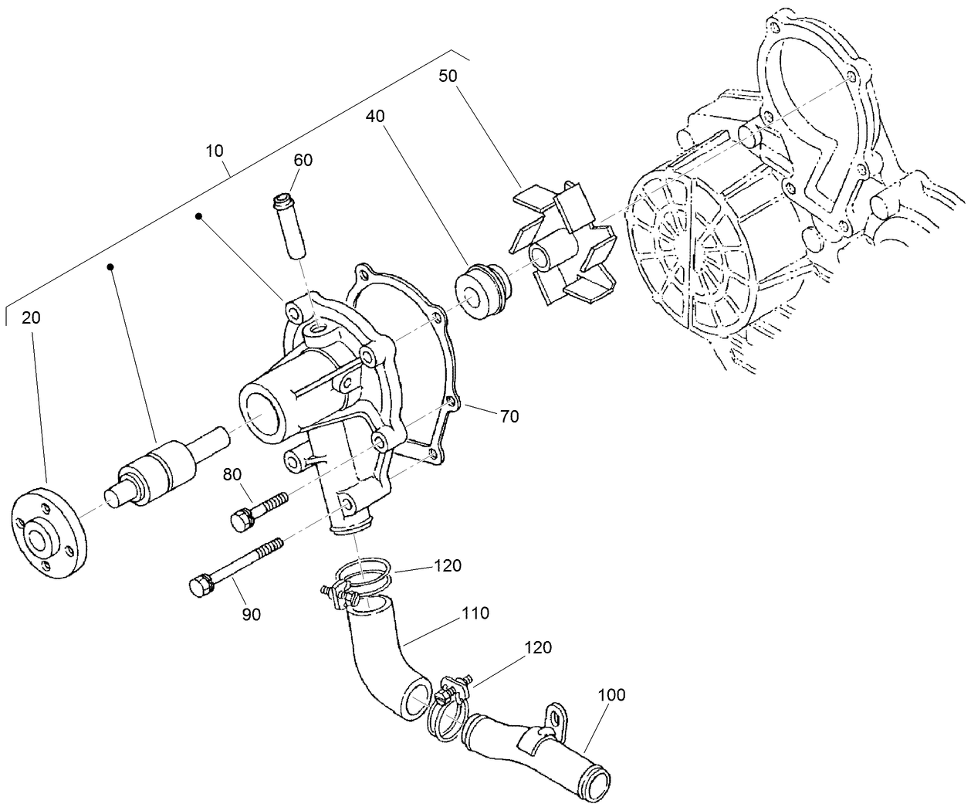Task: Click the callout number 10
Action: [215, 150]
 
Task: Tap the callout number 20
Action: [31, 317]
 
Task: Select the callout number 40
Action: [375, 116]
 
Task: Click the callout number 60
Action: [303, 160]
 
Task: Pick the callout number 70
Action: [509, 416]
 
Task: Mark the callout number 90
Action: [251, 614]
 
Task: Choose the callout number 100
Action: [611, 694]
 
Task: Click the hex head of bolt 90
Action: [199, 586]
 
